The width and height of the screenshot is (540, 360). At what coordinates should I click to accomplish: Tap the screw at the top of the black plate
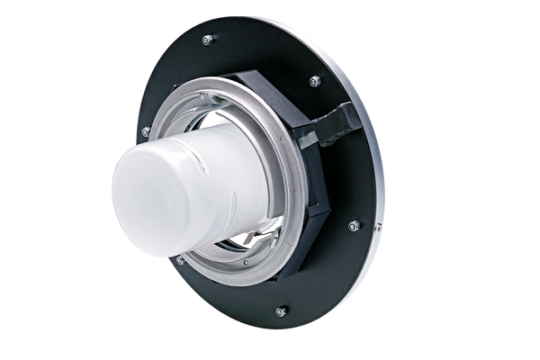[x=208, y=40]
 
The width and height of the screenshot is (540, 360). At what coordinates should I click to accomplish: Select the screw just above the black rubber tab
[x=313, y=82]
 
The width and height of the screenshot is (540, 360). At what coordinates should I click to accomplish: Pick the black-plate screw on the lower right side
[x=354, y=227]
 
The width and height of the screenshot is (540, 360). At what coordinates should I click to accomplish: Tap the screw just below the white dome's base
[x=178, y=260]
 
